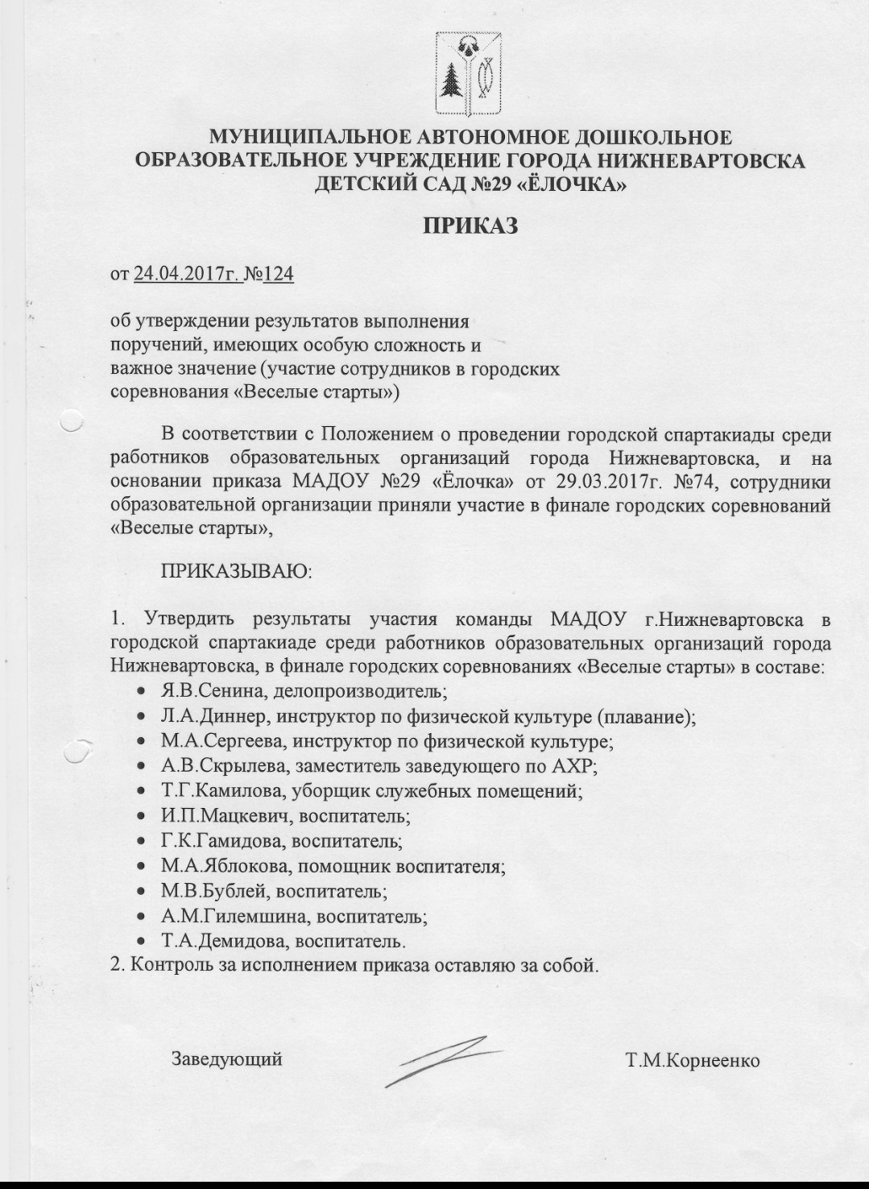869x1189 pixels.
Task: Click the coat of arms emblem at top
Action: (469, 74)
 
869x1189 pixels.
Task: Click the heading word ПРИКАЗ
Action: (470, 226)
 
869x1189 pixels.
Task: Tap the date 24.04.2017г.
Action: (188, 275)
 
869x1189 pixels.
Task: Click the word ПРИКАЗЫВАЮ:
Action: (237, 573)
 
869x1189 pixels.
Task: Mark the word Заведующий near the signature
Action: (226, 1058)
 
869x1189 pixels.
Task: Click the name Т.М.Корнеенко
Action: (693, 1060)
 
